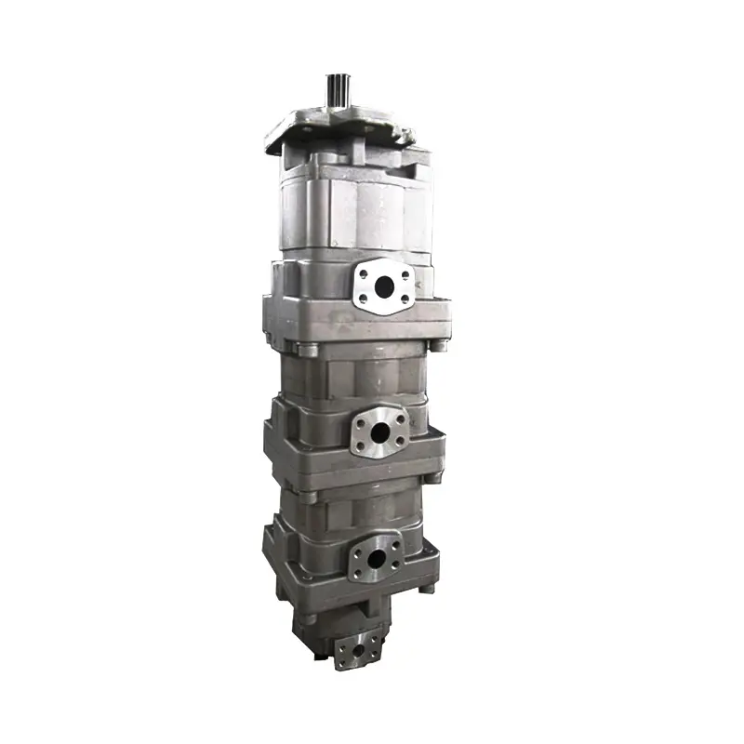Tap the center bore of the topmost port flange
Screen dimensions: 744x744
click(381, 286)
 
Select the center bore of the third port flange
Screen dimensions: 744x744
click(375, 559)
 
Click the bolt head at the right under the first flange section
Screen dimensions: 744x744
click(434, 347)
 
